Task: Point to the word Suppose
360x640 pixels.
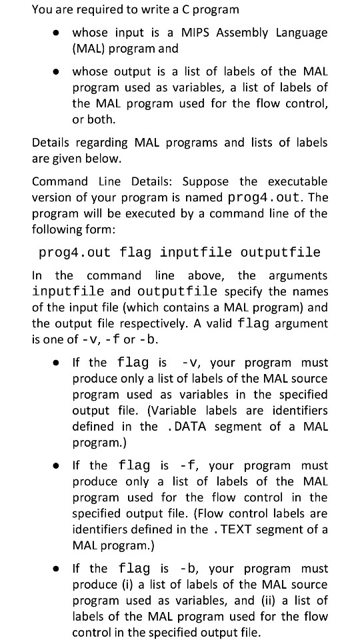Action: [205, 181]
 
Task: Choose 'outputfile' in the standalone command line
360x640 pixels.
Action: [281, 253]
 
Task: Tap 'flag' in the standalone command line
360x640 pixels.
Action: [135, 253]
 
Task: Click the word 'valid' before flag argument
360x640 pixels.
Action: [219, 323]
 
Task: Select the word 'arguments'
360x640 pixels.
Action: [298, 275]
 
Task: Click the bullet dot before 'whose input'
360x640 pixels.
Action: [59, 33]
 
